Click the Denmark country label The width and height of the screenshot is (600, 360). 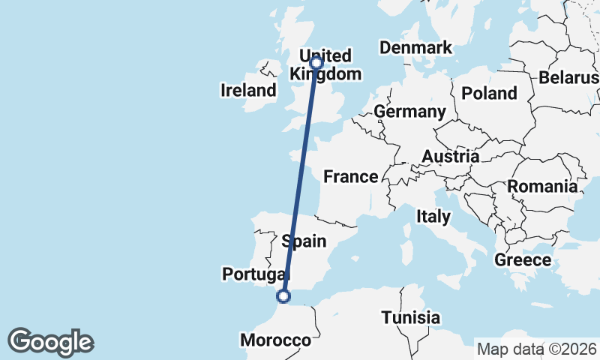(415, 48)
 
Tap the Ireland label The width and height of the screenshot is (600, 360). (248, 91)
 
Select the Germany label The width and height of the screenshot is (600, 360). (409, 112)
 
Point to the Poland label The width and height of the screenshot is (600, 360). (490, 93)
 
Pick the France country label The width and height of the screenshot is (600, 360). (350, 177)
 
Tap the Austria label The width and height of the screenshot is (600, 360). (450, 157)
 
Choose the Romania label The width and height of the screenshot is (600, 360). (543, 186)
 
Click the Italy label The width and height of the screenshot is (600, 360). (433, 217)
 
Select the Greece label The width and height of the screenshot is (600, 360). (523, 260)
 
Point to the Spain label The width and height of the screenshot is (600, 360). (304, 241)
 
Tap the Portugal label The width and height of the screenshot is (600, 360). (251, 274)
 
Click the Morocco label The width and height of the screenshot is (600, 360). (275, 340)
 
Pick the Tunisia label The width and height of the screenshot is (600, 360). (410, 317)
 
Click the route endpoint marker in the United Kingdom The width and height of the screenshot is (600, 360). (316, 62)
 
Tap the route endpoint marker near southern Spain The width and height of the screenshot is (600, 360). (283, 296)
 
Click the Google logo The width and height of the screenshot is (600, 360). (50, 342)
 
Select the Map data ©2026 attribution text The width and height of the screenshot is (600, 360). (537, 349)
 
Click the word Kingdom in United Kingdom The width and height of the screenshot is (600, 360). (325, 74)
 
